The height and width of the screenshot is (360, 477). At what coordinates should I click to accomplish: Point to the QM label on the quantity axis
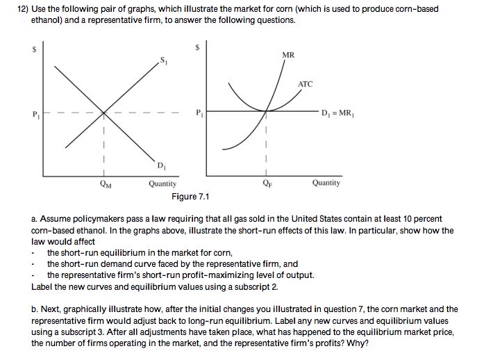pyautogui.click(x=103, y=184)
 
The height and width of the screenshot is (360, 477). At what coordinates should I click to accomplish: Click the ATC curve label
pyautogui.click(x=306, y=84)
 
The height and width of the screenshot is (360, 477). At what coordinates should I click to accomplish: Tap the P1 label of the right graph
pyautogui.click(x=200, y=113)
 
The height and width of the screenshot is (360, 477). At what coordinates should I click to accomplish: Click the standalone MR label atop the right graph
pyautogui.click(x=289, y=56)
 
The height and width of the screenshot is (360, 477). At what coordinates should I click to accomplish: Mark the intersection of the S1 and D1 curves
pyautogui.click(x=104, y=111)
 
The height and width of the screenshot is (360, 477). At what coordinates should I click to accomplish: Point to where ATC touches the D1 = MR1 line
pyautogui.click(x=266, y=111)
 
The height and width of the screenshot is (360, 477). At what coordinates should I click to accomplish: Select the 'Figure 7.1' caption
pyautogui.click(x=190, y=197)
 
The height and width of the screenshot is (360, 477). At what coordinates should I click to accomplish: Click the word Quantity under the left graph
pyautogui.click(x=162, y=183)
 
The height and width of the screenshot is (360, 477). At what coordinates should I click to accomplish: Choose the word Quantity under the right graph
pyautogui.click(x=326, y=183)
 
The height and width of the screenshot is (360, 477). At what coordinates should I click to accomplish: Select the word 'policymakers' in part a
pyautogui.click(x=88, y=219)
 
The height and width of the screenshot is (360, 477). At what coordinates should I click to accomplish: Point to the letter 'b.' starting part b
pyautogui.click(x=35, y=309)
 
